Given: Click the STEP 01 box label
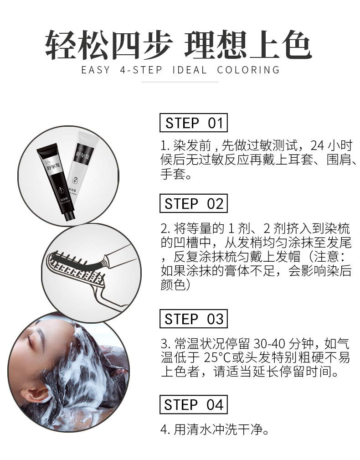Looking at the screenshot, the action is pos(194,123).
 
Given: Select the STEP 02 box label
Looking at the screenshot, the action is pos(194,203).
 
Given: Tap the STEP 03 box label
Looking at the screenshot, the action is pos(194,319).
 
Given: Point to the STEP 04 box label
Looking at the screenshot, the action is pos(194,404).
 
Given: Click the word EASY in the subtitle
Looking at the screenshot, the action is pos(96,70).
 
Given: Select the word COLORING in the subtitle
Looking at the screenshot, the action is pos(248,70).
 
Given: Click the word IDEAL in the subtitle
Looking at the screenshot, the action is pos(190,70).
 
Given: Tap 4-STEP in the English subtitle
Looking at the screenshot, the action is pos(141,70).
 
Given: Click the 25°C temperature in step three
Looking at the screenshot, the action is pos(217,357).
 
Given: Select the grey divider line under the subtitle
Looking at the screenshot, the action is pos(180,82).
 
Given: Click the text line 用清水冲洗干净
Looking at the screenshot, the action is pos(218,430).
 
